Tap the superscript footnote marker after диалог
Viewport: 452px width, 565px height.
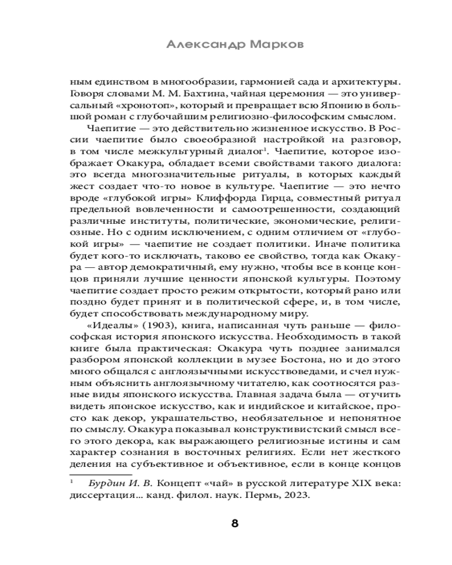click(x=266, y=155)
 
